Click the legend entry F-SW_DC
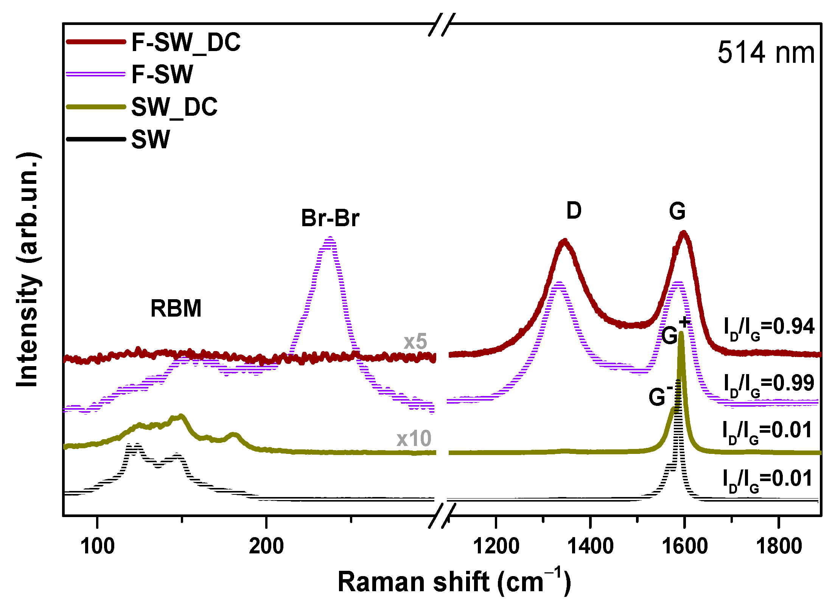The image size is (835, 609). point(185,42)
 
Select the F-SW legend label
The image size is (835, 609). point(162,75)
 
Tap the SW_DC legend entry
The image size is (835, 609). point(174,107)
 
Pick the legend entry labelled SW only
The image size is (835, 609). point(151,140)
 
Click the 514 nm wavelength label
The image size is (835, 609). point(765,53)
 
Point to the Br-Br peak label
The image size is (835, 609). point(330,218)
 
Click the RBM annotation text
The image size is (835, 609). point(176,309)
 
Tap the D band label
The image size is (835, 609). point(574,211)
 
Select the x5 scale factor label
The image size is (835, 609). point(415,342)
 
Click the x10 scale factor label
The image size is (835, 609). point(414,439)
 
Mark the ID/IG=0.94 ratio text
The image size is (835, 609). point(768,328)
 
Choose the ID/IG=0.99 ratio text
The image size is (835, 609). point(768,384)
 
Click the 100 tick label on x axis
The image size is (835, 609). point(98,546)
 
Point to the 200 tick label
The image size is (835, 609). point(266,546)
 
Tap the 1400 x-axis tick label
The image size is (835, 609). point(590,546)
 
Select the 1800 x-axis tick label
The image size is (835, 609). point(779,546)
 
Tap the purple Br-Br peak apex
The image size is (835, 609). point(330,238)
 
